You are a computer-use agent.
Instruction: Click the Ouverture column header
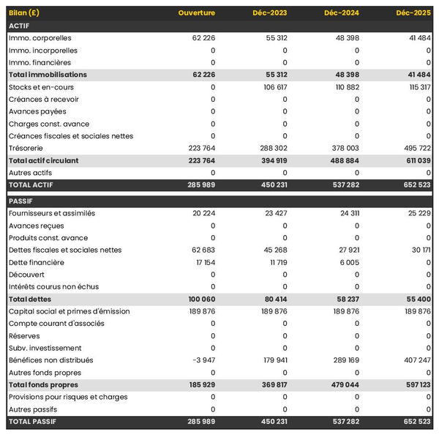click(197, 13)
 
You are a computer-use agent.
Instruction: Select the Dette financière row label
click(37, 262)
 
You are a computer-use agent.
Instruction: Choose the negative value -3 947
click(201, 360)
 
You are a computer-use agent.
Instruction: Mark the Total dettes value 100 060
click(199, 300)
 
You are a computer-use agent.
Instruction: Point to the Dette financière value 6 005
click(348, 262)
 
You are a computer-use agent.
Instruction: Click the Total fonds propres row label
click(43, 384)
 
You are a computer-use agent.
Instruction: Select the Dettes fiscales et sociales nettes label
click(65, 250)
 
